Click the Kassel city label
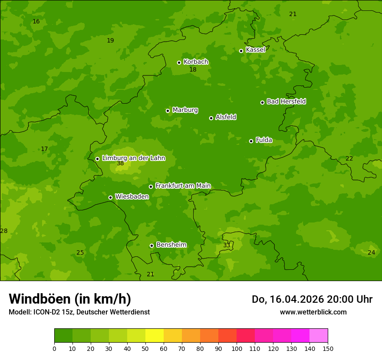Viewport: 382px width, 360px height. pyautogui.click(x=255, y=50)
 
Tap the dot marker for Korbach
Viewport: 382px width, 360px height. pyautogui.click(x=179, y=62)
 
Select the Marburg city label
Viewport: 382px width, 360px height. pyautogui.click(x=185, y=110)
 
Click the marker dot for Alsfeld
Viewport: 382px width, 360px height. pyautogui.click(x=211, y=118)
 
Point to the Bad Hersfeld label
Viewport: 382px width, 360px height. pyautogui.click(x=286, y=101)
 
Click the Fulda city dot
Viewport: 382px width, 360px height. pyautogui.click(x=251, y=141)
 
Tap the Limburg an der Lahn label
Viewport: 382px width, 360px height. pyautogui.click(x=133, y=158)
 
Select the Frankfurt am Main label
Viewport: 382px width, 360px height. pyautogui.click(x=183, y=186)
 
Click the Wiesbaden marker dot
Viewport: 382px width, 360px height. pyautogui.click(x=110, y=197)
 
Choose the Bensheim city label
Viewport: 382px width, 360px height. pyautogui.click(x=171, y=245)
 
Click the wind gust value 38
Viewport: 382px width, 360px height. pyautogui.click(x=120, y=164)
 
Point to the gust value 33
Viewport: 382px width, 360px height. pyautogui.click(x=227, y=245)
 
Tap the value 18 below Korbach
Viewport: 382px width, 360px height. pyautogui.click(x=193, y=70)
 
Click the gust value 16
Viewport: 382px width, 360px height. pyautogui.click(x=36, y=22)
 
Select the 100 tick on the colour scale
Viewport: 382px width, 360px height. pyautogui.click(x=237, y=348)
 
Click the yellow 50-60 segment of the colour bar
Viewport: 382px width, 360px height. pyautogui.click(x=155, y=335)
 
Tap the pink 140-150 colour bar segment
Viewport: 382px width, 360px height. pyautogui.click(x=319, y=335)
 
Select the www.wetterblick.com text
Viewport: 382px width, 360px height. pyautogui.click(x=313, y=312)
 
